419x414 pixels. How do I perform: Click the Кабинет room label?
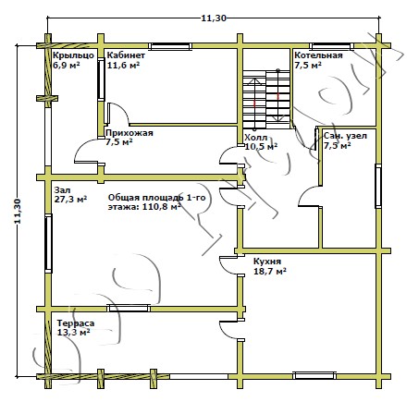126,55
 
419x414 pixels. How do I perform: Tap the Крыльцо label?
73,55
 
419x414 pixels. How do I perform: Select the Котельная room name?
318,55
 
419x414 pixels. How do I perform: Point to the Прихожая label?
129,133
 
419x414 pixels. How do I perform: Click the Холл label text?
256,138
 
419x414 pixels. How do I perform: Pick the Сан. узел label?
345,136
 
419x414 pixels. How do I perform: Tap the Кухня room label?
267,262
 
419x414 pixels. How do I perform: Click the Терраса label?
76,323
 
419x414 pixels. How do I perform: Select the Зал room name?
62,190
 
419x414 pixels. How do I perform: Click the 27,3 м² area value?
70,199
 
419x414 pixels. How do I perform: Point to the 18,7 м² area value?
270,272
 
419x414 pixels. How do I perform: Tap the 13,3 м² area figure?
73,333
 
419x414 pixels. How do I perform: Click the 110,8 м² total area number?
162,206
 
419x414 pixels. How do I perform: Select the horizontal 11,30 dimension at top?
214,18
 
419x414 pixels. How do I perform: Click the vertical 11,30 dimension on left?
18,211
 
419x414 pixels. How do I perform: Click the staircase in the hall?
266,100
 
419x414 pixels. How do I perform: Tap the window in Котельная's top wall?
332,46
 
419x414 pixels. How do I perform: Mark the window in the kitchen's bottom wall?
314,375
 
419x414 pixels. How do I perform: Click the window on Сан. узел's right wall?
378,187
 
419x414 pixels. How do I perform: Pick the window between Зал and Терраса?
129,308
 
